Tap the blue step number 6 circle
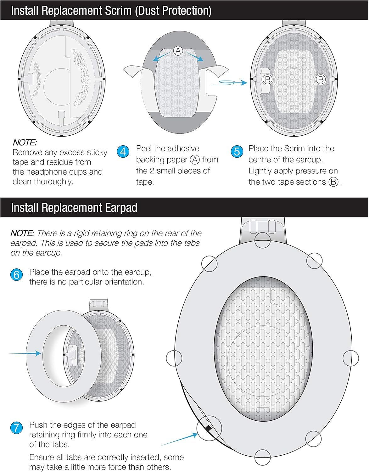[x=16, y=275]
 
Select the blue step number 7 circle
[x=16, y=428]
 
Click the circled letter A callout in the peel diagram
[x=178, y=51]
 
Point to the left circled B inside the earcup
[x=268, y=79]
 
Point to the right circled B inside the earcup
[x=321, y=79]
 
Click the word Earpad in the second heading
[x=121, y=208]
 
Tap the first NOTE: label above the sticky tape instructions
[x=25, y=143]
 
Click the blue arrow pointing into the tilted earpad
[x=25, y=353]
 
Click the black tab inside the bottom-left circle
[x=208, y=428]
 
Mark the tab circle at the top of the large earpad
[x=262, y=240]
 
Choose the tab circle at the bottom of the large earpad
[x=262, y=458]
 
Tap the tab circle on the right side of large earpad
[x=351, y=358]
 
